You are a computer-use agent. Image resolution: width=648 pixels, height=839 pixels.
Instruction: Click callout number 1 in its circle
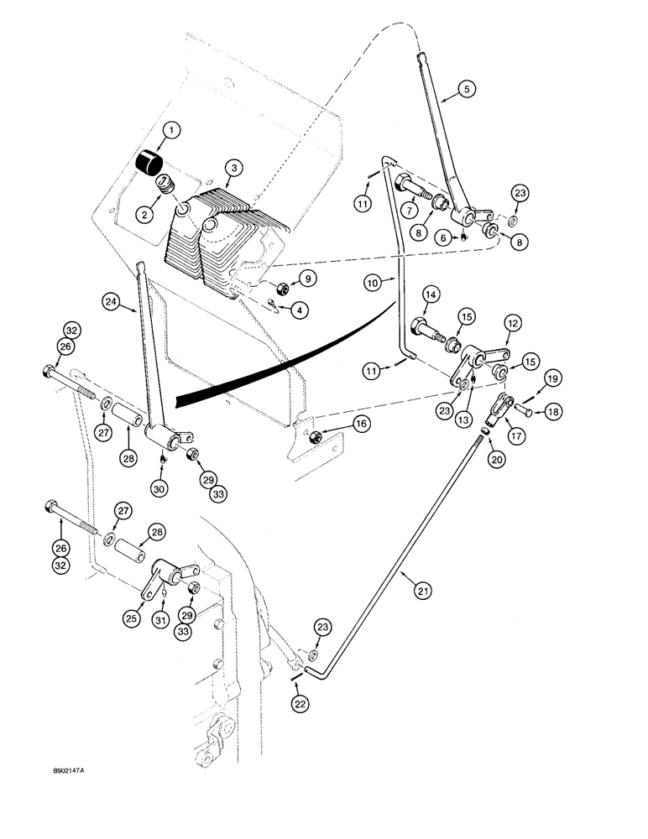[x=171, y=130]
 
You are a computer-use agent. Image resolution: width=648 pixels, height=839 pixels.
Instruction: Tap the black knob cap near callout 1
[x=150, y=161]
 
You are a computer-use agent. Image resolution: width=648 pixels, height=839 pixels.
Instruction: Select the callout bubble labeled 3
[x=235, y=168]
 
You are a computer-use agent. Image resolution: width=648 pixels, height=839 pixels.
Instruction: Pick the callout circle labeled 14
[x=430, y=294]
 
